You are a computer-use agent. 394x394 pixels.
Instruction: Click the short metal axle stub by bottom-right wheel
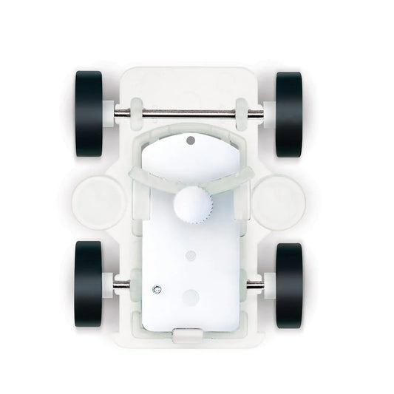coord(260,280)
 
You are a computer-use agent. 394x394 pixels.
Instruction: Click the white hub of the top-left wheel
coord(109,112)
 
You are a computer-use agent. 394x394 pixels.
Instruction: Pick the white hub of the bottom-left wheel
coord(108,280)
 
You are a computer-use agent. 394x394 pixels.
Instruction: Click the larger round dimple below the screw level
coord(191,297)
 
